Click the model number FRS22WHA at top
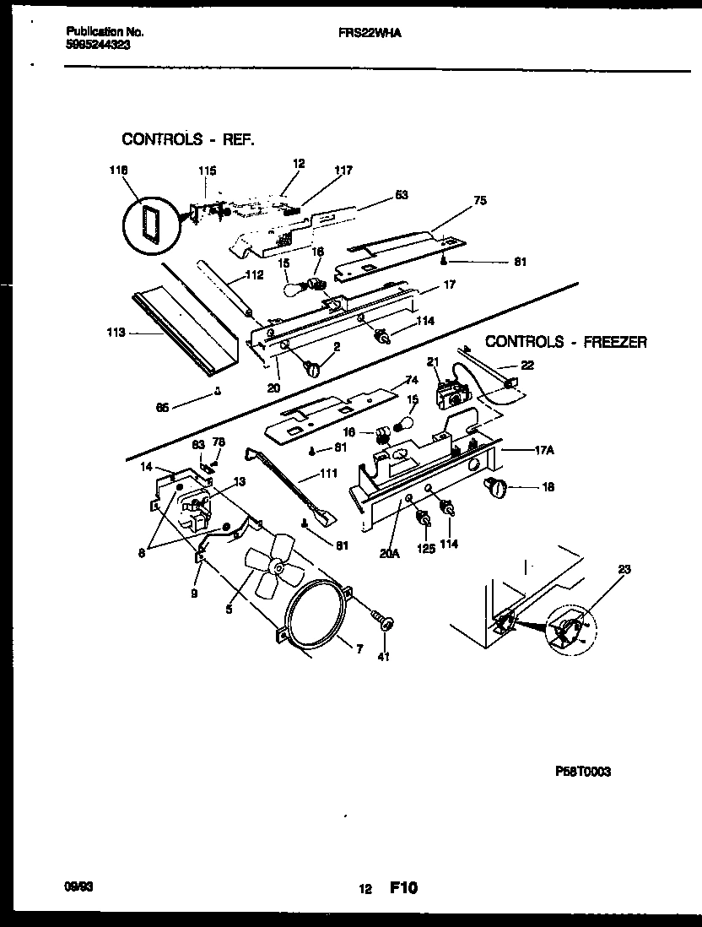coord(365,31)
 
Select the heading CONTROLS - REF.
coord(187,139)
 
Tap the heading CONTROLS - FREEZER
coord(565,342)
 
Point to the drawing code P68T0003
coord(583,771)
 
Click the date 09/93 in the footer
coord(78,887)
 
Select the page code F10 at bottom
coord(403,887)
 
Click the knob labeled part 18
coord(496,486)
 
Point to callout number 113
coord(116,333)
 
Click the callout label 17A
coord(543,450)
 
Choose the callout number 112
coord(255,274)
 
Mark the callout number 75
coord(479,201)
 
